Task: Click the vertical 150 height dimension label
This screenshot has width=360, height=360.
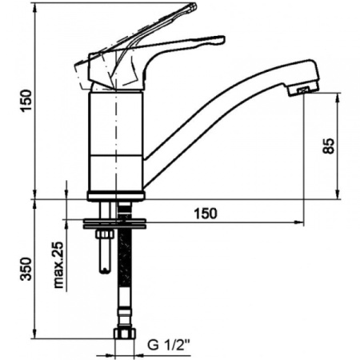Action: pos(25,102)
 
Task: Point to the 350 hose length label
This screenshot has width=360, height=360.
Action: pos(25,270)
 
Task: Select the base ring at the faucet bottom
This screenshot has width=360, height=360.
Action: pos(116,194)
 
